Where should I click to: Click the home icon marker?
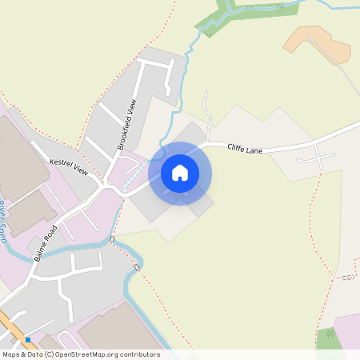(x=180, y=172)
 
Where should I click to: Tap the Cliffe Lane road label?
(x=245, y=148)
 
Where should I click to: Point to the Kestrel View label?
(x=68, y=165)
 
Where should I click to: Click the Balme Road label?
(x=46, y=244)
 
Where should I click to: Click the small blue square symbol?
(x=27, y=338)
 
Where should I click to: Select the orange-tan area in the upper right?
(x=320, y=44)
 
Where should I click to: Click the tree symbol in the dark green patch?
(x=328, y=334)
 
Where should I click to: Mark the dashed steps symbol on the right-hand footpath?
(x=346, y=278)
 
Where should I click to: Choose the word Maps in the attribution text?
(x=11, y=354)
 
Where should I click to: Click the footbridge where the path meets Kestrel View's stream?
(x=113, y=239)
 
